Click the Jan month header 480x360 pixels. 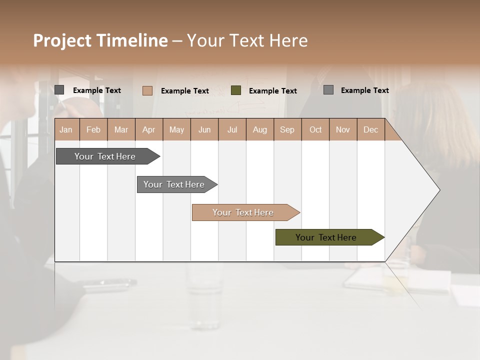[x=66, y=130]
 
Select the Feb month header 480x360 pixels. [x=93, y=130]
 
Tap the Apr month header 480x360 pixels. [x=148, y=130]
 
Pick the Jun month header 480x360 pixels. [x=204, y=130]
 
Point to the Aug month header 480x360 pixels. [x=259, y=130]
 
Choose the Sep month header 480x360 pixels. [x=287, y=130]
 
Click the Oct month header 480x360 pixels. [x=315, y=130]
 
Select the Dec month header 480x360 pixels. [x=370, y=130]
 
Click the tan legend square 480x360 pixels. [x=147, y=90]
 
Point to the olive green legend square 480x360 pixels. [x=236, y=90]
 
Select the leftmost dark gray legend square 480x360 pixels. [x=59, y=90]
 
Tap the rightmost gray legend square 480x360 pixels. [x=328, y=90]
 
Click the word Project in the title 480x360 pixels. [x=62, y=40]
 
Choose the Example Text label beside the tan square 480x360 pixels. [x=185, y=91]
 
